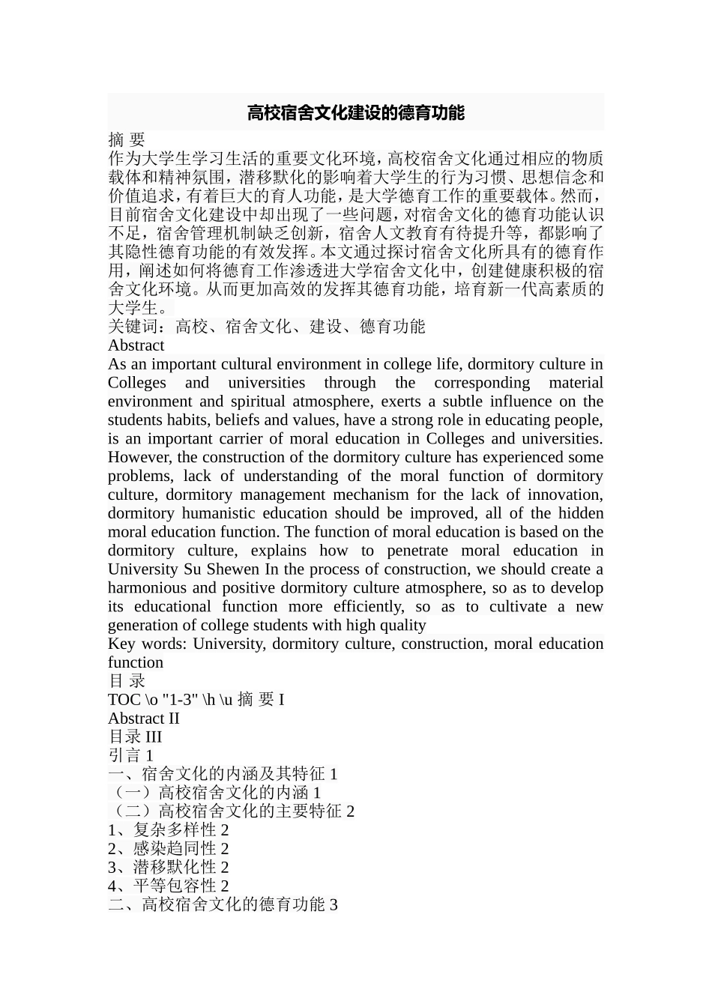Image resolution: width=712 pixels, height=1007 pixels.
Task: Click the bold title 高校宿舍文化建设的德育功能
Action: click(356, 113)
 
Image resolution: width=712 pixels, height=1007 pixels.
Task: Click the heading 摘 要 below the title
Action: click(126, 139)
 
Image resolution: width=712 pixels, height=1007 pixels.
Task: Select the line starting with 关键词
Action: click(266, 327)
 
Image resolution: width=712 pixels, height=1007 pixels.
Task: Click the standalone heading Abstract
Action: click(136, 345)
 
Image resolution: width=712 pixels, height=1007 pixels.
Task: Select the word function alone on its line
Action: click(135, 663)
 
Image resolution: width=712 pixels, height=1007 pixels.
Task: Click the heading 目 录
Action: click(126, 681)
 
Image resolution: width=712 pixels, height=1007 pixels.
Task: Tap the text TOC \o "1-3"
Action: click(154, 700)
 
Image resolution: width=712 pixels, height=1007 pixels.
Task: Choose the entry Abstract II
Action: click(143, 719)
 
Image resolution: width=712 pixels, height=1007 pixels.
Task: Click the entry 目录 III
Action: click(135, 737)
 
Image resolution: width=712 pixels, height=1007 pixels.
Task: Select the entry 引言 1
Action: click(130, 756)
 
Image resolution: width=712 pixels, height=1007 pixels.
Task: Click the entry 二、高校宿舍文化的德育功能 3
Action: click(223, 905)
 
